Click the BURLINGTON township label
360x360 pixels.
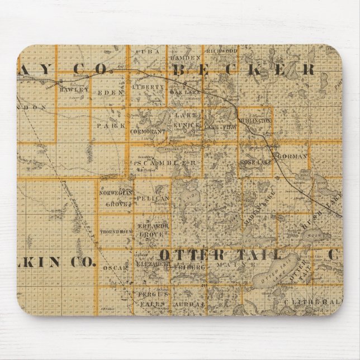click(255, 120)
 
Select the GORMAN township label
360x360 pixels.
click(291, 157)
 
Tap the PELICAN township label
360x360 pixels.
click(152, 198)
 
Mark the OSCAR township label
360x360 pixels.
click(116, 268)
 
